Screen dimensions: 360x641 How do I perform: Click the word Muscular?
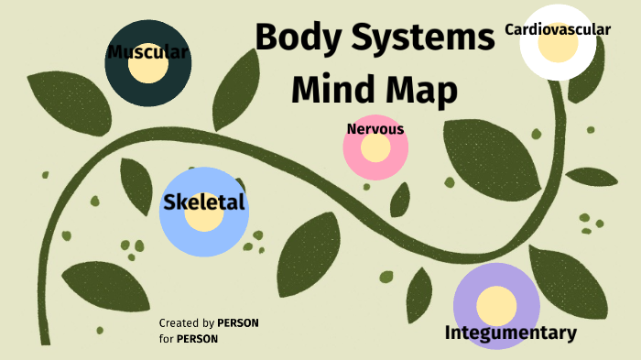click(147, 52)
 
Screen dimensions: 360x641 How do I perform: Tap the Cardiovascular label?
click(558, 29)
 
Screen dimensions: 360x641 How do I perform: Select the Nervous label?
click(375, 129)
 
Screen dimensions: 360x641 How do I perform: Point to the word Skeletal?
click(204, 202)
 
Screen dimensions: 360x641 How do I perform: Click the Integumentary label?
click(511, 333)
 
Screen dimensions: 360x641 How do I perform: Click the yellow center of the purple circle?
click(497, 304)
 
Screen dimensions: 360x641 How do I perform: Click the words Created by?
click(187, 323)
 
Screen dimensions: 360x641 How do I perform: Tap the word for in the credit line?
click(166, 339)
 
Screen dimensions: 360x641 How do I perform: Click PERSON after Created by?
click(238, 323)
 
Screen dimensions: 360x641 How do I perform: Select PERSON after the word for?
click(197, 339)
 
